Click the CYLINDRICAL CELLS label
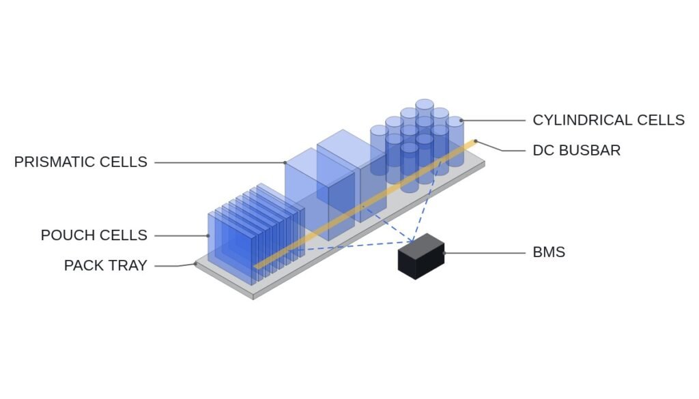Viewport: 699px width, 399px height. coord(608,120)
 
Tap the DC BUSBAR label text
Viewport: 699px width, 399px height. coord(576,151)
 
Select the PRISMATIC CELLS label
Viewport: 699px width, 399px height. coord(81,162)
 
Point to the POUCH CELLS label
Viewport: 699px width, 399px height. coord(94,235)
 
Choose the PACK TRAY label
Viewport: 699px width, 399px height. coord(106,265)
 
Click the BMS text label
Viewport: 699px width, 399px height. coord(549,252)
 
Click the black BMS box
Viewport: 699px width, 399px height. coord(420,256)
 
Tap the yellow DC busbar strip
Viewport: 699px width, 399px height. coord(366,205)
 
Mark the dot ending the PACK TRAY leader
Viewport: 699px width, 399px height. coord(195,264)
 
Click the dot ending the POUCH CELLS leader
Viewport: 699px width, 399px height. coord(208,235)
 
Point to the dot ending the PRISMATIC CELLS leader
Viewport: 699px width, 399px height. coord(285,162)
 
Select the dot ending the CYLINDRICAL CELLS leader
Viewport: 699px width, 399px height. coord(461,120)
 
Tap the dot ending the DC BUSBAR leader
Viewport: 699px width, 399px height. coord(476,141)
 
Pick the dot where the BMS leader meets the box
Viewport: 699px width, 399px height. coord(444,253)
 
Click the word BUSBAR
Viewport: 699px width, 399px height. coord(589,151)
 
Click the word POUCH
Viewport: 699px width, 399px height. coord(66,235)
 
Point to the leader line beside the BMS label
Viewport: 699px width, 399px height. coord(485,253)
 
